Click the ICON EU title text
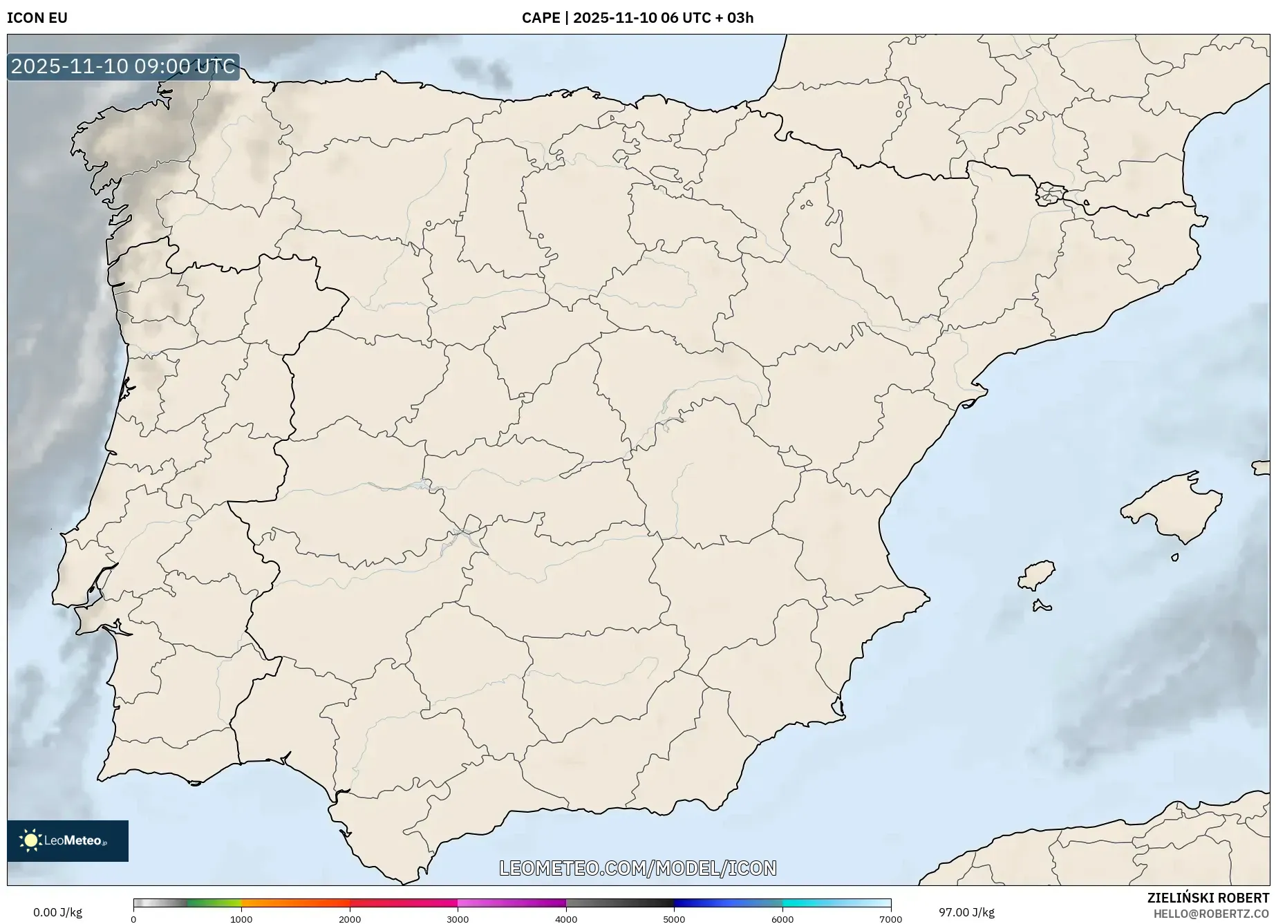pyautogui.click(x=37, y=18)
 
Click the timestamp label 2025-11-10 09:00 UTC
pyautogui.click(x=123, y=66)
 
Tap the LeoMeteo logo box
pyautogui.click(x=68, y=840)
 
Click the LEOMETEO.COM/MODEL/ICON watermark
pyautogui.click(x=637, y=868)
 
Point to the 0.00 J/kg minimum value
pyautogui.click(x=57, y=912)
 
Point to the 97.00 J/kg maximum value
pyautogui.click(x=966, y=912)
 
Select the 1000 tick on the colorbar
pyautogui.click(x=241, y=918)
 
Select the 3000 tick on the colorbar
pyautogui.click(x=458, y=918)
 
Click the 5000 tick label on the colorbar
pyautogui.click(x=674, y=919)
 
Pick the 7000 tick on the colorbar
pyautogui.click(x=890, y=918)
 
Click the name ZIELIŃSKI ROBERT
pyautogui.click(x=1208, y=898)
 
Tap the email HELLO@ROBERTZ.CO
pyautogui.click(x=1211, y=914)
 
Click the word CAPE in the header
pyautogui.click(x=541, y=18)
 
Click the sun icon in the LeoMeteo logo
pyautogui.click(x=30, y=840)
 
